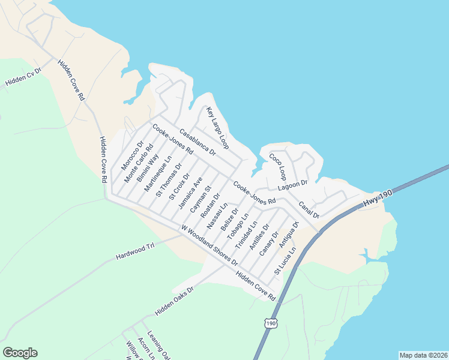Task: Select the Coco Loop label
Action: (x=279, y=166)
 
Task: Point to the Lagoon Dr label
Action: (x=292, y=185)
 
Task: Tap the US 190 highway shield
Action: (x=271, y=323)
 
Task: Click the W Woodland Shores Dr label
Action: (x=209, y=245)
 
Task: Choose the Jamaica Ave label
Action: (x=190, y=192)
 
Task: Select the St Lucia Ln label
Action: (x=285, y=260)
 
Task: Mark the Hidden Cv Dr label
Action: (x=22, y=77)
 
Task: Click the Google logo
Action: (x=20, y=353)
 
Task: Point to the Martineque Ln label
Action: (x=158, y=174)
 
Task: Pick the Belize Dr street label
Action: (x=230, y=220)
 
